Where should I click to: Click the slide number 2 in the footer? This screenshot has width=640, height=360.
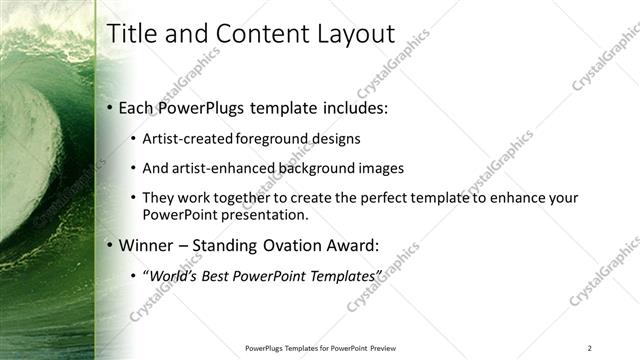[589, 348]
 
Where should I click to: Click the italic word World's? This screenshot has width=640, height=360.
[173, 275]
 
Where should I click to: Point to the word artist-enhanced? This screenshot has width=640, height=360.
[215, 168]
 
